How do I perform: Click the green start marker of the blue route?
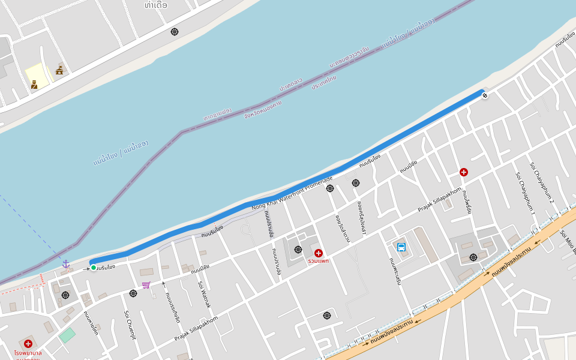[x=94, y=267]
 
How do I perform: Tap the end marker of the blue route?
[x=485, y=95]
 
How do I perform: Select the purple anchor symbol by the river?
[x=66, y=264]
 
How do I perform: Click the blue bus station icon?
[x=401, y=247]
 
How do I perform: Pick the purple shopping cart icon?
[x=146, y=285]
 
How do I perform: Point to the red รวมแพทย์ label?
[x=318, y=261]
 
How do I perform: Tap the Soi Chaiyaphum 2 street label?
[x=542, y=182]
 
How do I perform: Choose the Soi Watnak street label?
[x=205, y=295]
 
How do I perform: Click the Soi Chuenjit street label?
[x=130, y=325]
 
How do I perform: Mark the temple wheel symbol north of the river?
[x=175, y=32]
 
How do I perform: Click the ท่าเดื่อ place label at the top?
[x=157, y=5]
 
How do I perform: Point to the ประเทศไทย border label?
[x=324, y=82]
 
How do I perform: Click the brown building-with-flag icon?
[x=59, y=70]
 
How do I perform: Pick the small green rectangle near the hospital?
[x=67, y=335]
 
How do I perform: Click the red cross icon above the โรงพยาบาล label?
[x=28, y=344]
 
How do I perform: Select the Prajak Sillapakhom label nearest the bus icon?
[x=439, y=200]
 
